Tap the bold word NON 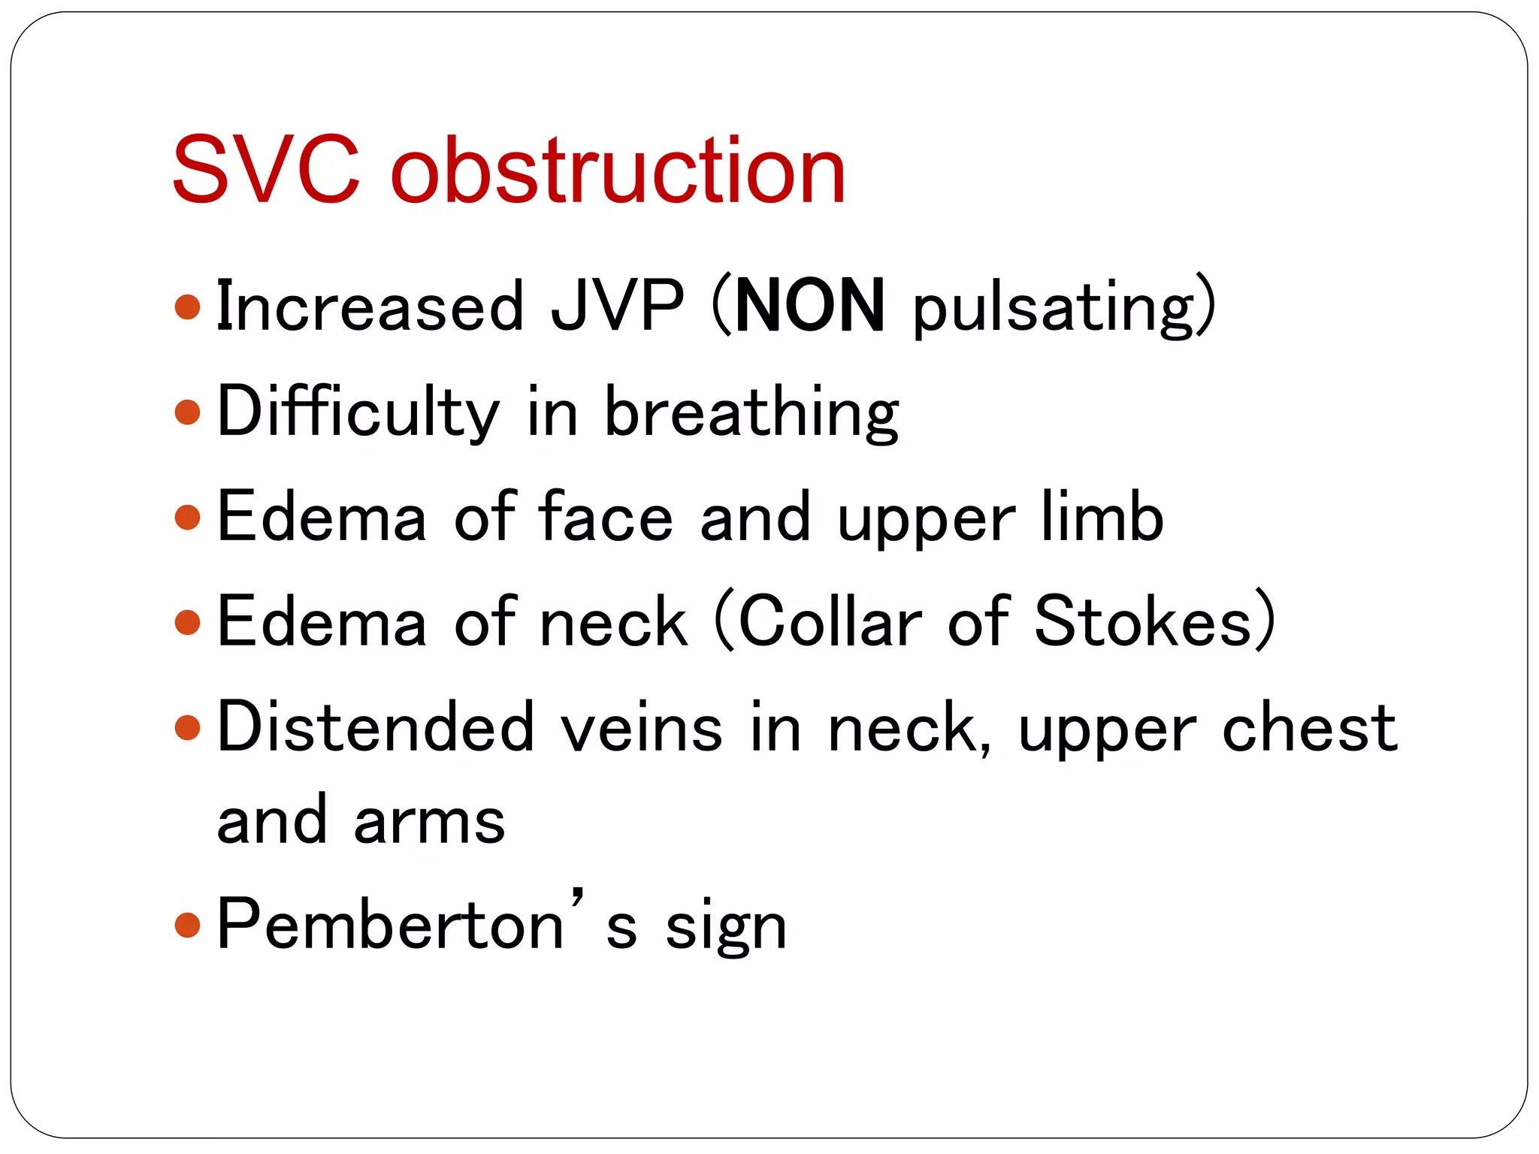click(810, 307)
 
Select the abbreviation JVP click(617, 307)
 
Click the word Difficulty click(358, 412)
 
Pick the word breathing click(752, 413)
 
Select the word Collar click(830, 621)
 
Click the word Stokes click(1143, 621)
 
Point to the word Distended click(375, 727)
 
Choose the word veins click(643, 728)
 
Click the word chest click(1310, 727)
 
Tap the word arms click(429, 820)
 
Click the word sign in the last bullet click(726, 929)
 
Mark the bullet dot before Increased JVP click(188, 307)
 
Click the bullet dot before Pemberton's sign click(188, 925)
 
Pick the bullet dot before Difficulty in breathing click(188, 412)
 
